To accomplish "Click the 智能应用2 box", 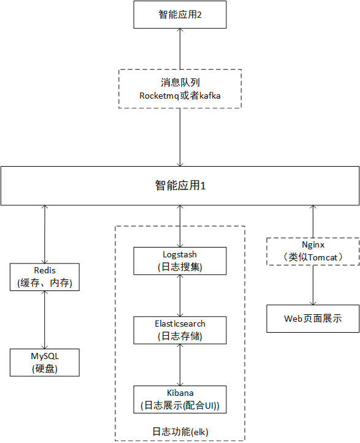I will pos(180,15).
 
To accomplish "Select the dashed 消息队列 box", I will pos(180,88).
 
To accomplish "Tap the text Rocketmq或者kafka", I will pos(180,96).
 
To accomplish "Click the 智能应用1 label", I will pos(180,185).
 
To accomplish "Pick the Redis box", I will pos(45,276).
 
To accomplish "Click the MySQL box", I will pos(45,362).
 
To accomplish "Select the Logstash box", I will pos(180,260).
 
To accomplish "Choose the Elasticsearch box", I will pos(180,330).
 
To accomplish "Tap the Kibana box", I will pos(180,399).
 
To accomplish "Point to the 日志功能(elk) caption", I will pos(180,431).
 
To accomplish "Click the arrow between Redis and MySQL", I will pos(45,319).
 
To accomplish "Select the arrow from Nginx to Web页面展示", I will pos(313,285).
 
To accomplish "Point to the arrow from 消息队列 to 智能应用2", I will pos(180,49).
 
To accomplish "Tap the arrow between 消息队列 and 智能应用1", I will pos(180,137).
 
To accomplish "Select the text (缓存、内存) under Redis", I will pos(45,283).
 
